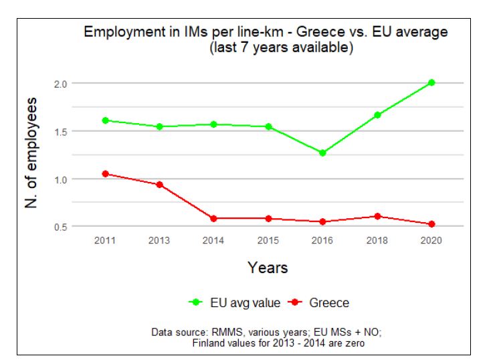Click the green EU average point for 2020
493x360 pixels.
432,83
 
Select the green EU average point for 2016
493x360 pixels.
323,153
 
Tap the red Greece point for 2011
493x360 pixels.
105,174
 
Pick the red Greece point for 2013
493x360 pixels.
159,185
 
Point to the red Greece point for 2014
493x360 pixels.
214,218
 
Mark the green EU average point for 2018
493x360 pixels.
378,115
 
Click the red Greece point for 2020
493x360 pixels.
432,224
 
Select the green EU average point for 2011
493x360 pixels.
105,120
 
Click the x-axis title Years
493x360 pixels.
268,268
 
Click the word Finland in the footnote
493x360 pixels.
208,343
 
